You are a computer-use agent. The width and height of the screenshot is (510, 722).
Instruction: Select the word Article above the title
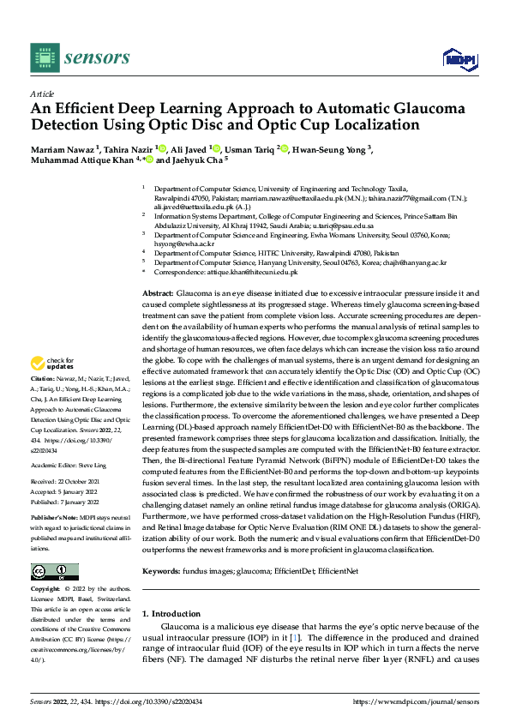[41, 93]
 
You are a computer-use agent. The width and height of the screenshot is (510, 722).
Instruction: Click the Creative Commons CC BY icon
[54, 572]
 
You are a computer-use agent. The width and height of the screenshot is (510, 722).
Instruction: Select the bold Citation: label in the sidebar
[42, 378]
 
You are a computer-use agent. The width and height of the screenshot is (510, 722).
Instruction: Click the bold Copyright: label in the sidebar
[45, 589]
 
